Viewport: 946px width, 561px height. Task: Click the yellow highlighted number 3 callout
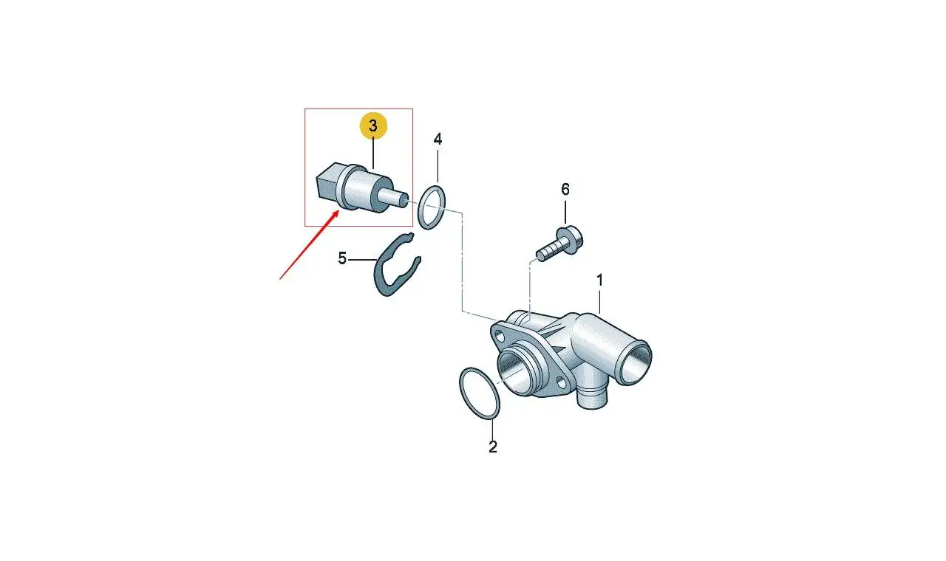pyautogui.click(x=373, y=126)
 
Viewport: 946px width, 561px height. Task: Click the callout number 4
pyautogui.click(x=438, y=139)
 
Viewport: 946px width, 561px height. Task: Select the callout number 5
pyautogui.click(x=342, y=258)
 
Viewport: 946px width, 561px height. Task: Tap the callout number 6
pyautogui.click(x=565, y=190)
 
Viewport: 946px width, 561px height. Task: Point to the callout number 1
pyautogui.click(x=600, y=280)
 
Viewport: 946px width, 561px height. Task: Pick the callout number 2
pyautogui.click(x=493, y=447)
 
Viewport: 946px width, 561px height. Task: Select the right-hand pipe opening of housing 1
pyautogui.click(x=635, y=362)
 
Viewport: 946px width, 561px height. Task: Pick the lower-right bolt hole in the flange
pyautogui.click(x=562, y=383)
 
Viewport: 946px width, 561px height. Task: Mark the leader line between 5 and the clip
pyautogui.click(x=362, y=260)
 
